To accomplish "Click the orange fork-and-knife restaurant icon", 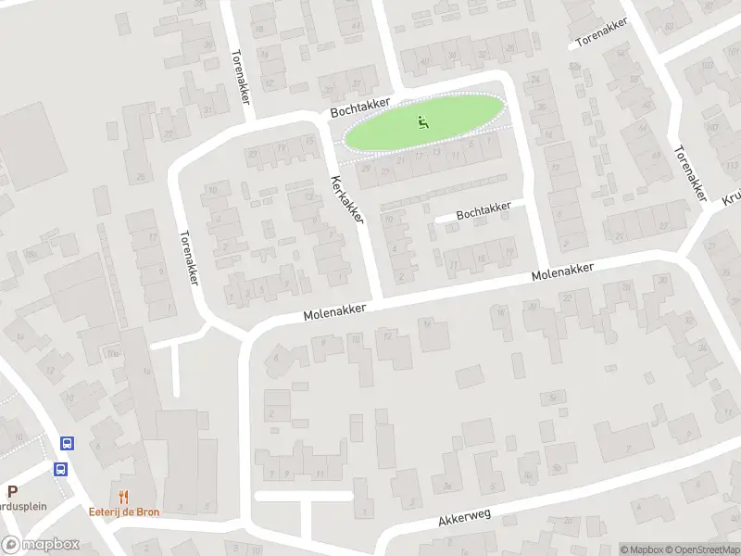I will coord(123,498).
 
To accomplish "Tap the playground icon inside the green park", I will coord(423,120).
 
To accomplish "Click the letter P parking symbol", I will coord(12,492).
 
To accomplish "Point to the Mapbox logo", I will coord(40,545).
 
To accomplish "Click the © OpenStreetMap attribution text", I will coord(700,550).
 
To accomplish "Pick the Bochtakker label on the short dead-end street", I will coord(484,211).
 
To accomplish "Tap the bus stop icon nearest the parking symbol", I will coord(61,469).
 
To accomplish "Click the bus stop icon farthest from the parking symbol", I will coord(67,444).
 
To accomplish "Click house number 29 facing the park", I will coord(366,168).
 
